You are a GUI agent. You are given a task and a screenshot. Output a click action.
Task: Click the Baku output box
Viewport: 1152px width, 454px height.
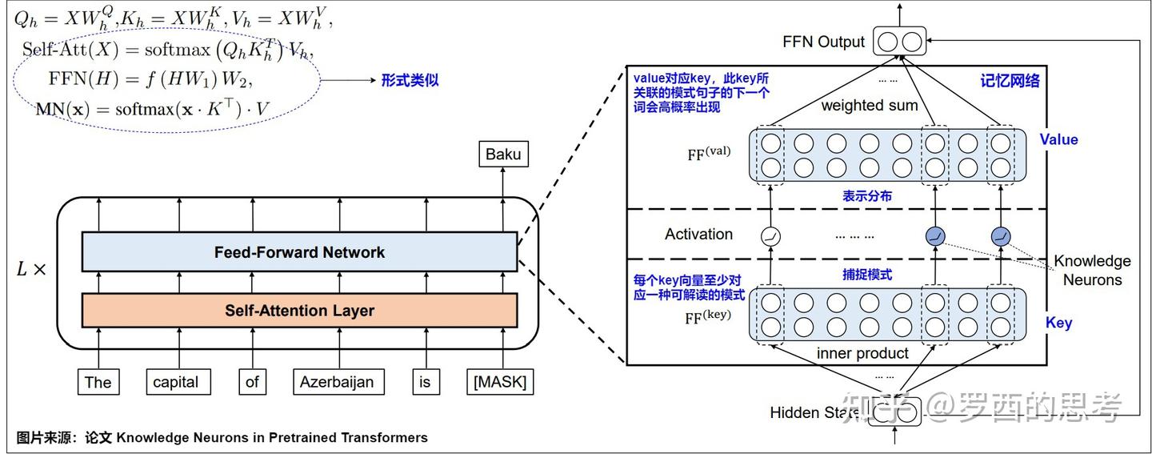tap(503, 154)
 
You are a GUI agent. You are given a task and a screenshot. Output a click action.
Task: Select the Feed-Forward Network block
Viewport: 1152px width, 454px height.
tap(299, 252)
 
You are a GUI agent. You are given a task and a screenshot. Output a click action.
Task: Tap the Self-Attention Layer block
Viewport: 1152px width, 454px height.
tap(299, 311)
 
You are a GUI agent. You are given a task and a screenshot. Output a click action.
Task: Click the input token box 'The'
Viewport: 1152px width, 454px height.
tap(98, 382)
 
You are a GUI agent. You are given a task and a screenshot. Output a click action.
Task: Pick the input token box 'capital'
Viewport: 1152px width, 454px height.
tap(176, 382)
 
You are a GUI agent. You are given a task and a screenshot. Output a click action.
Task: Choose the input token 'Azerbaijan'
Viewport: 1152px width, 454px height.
tap(337, 382)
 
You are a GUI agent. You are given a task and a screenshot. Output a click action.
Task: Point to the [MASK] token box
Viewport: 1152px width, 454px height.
tap(500, 382)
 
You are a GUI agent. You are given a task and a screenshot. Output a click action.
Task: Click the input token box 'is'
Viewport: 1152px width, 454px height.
tap(425, 382)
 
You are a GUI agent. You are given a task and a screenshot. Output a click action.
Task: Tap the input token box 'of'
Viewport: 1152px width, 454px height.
tap(252, 382)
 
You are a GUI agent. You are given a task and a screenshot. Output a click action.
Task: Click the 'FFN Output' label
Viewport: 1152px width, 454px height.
tap(823, 42)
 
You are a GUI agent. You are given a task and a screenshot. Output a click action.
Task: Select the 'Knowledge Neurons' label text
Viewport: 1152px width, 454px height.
tap(1092, 270)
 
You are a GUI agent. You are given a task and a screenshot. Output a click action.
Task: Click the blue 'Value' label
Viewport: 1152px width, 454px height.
tap(1058, 139)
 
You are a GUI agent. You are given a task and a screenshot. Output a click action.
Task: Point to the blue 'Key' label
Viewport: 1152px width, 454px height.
tap(1058, 323)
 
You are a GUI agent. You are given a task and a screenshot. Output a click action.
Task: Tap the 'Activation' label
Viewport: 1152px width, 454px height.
tap(698, 234)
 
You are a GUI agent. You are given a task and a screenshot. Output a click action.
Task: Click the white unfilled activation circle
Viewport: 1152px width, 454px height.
tap(771, 236)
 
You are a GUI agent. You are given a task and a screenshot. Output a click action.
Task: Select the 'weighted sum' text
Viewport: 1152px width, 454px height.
tap(870, 106)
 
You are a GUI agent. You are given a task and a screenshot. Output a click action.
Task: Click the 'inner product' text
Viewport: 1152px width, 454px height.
tap(862, 353)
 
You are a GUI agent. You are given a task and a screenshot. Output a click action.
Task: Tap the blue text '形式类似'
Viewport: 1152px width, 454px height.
tap(410, 80)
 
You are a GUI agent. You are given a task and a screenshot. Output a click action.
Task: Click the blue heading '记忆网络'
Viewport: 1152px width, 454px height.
tap(1010, 81)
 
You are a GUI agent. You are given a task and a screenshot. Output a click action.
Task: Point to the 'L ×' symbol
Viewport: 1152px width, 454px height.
tap(32, 269)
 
